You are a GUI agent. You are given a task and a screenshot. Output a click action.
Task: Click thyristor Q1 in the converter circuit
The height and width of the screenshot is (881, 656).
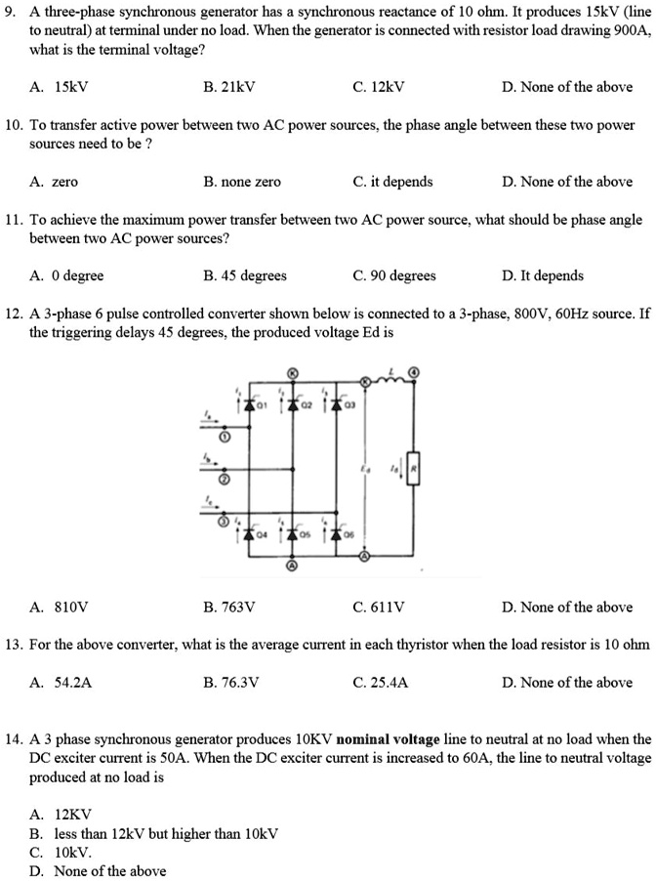pyautogui.click(x=250, y=401)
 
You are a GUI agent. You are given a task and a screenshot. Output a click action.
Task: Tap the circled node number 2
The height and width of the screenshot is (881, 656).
pyautogui.click(x=224, y=482)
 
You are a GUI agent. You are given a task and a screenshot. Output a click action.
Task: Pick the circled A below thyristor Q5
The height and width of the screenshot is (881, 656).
pyautogui.click(x=291, y=566)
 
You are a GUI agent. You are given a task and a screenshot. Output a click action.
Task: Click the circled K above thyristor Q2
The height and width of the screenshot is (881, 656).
pyautogui.click(x=291, y=372)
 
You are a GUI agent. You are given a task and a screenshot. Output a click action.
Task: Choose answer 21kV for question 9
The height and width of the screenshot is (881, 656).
pyautogui.click(x=229, y=87)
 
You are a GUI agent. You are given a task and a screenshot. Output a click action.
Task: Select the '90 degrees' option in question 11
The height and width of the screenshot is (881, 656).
pyautogui.click(x=394, y=275)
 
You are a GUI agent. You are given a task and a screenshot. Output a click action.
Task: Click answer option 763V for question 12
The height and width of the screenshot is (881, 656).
pyautogui.click(x=229, y=608)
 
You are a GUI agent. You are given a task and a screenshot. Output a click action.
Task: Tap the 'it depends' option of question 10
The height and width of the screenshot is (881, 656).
pyautogui.click(x=393, y=182)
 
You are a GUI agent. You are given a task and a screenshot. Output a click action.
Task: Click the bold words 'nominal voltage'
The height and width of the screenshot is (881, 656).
pyautogui.click(x=389, y=740)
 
